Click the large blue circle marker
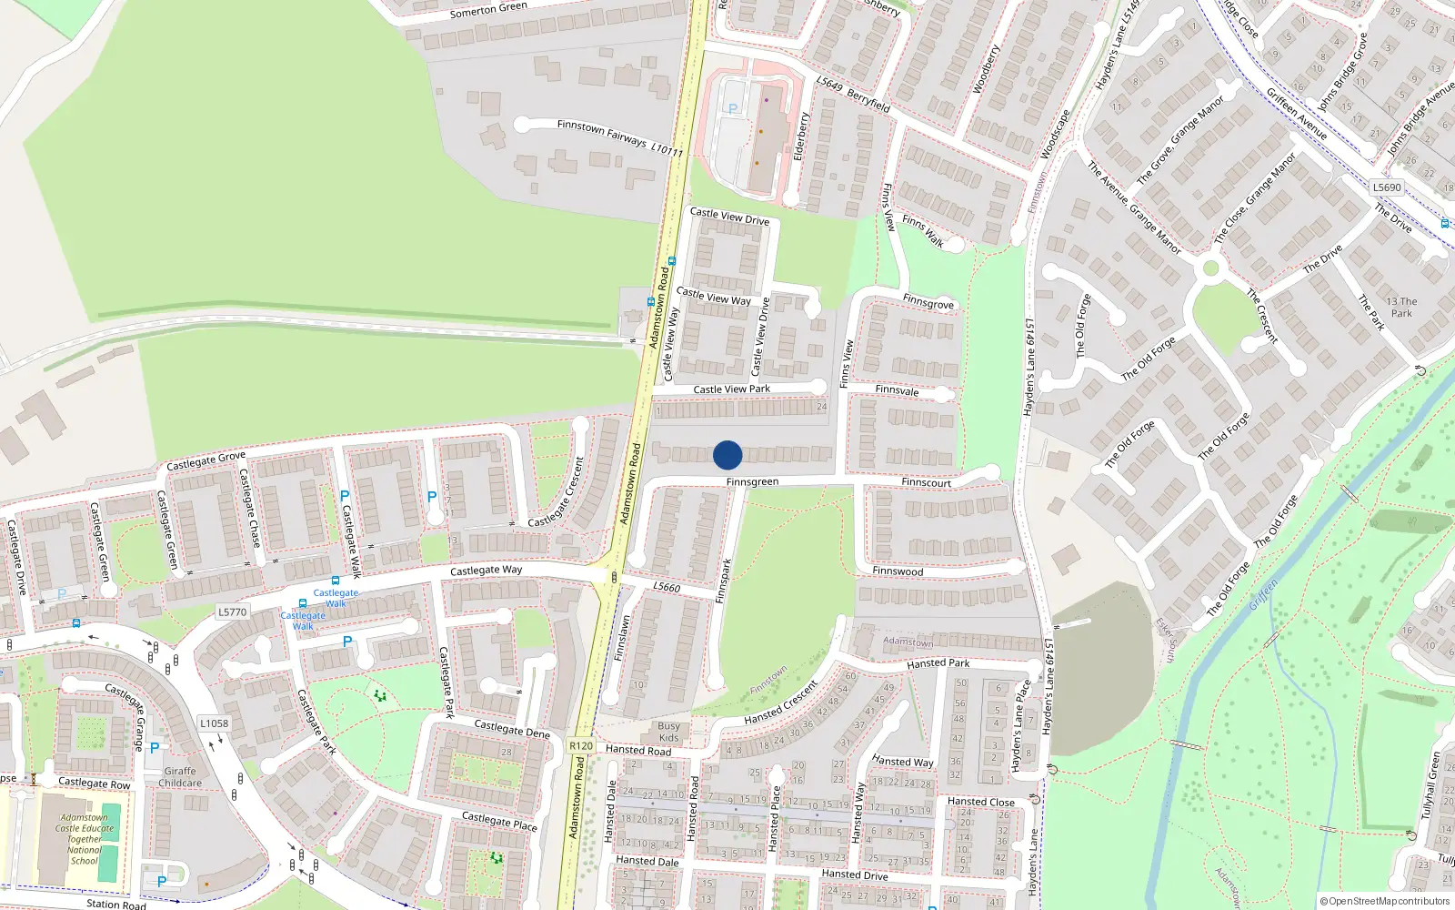click(x=727, y=455)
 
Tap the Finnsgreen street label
click(x=752, y=481)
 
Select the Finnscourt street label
click(x=926, y=481)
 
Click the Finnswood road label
click(x=898, y=571)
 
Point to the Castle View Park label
click(x=731, y=389)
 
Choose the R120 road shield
click(x=581, y=745)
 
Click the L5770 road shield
click(x=232, y=612)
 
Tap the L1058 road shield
click(x=215, y=723)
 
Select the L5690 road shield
click(x=1387, y=187)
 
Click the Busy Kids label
click(x=668, y=732)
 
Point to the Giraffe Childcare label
click(x=180, y=777)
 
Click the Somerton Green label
click(x=488, y=10)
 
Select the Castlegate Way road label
click(x=486, y=571)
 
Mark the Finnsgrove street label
click(x=928, y=302)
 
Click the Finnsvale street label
click(x=897, y=390)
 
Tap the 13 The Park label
click(x=1401, y=308)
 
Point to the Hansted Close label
click(x=980, y=802)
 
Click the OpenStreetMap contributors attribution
click(x=1384, y=901)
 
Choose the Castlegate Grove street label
click(x=206, y=460)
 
